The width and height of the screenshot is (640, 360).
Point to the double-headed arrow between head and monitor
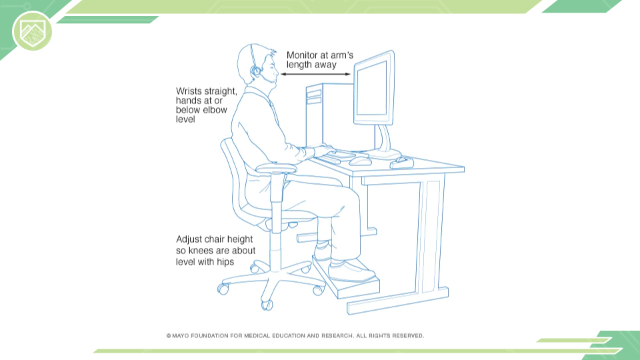(315, 74)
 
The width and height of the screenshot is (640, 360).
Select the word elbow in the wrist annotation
(214, 110)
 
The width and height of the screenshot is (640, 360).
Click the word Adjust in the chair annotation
(189, 239)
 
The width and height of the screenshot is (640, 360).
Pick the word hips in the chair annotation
(225, 262)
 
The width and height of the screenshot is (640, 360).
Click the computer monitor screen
(371, 88)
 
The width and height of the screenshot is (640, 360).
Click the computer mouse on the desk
(360, 161)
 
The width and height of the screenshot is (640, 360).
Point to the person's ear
(256, 71)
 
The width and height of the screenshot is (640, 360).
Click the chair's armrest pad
(275, 168)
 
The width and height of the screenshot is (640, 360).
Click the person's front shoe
(351, 271)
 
